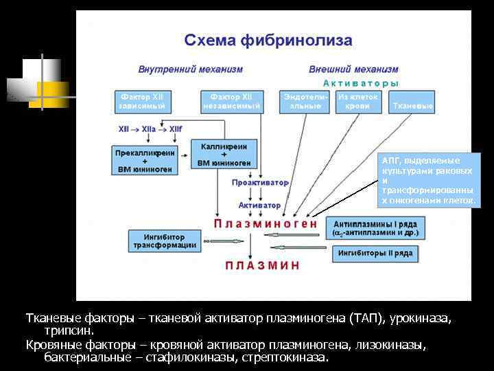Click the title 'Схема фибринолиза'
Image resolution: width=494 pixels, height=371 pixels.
268,41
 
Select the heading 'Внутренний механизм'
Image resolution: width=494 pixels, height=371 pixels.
190,69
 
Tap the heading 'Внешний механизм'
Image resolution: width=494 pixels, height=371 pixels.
353,69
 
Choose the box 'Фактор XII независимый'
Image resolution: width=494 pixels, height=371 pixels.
231,101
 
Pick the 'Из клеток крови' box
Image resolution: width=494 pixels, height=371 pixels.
358,101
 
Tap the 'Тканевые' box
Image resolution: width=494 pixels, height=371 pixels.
412,106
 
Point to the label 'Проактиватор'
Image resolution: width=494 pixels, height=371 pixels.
260,183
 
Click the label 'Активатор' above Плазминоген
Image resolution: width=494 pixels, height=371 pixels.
259,205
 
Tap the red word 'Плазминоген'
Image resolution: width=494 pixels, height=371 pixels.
266,223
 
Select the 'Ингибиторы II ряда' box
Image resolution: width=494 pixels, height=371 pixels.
375,254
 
